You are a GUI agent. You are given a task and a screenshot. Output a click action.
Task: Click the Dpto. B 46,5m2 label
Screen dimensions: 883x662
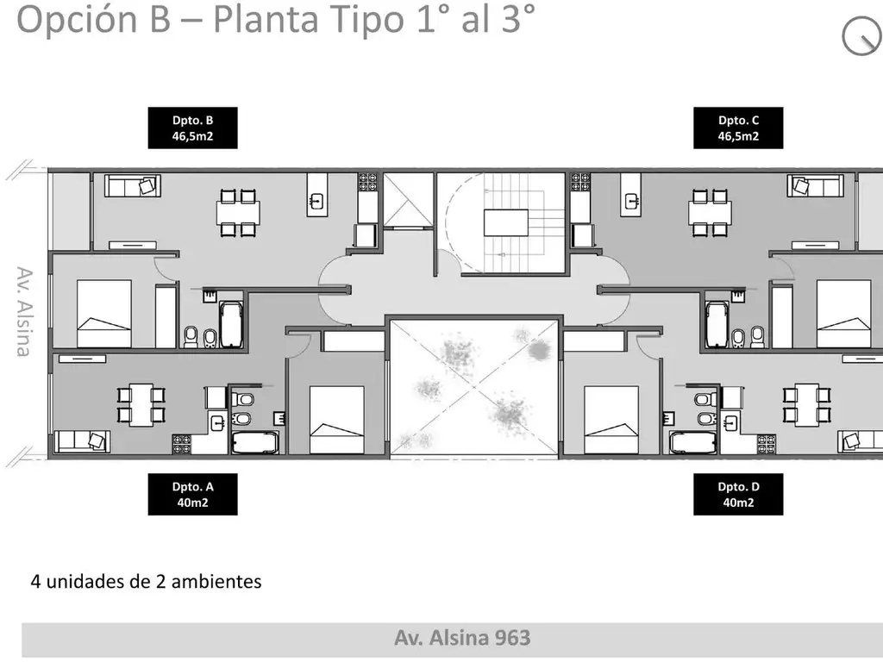click(192, 128)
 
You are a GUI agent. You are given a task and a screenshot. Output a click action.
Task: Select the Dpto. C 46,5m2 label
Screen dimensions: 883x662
click(738, 128)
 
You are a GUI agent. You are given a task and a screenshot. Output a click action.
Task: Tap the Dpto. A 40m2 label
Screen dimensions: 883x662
click(192, 494)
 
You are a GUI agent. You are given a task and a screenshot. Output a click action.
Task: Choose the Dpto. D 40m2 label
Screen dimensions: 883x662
click(738, 494)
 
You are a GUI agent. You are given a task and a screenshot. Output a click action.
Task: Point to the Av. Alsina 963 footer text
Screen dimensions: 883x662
click(462, 638)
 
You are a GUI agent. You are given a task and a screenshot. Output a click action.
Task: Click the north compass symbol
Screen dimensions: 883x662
click(862, 36)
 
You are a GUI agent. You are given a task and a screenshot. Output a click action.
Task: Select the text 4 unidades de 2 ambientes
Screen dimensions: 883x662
click(146, 582)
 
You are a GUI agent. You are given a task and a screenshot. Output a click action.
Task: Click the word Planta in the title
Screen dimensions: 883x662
click(266, 20)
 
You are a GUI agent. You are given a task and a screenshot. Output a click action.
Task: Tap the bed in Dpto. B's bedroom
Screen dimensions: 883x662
click(104, 314)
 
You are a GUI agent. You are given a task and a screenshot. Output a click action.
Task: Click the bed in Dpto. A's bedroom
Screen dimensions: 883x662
click(337, 420)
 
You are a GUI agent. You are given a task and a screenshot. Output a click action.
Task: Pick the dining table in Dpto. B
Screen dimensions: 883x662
click(238, 212)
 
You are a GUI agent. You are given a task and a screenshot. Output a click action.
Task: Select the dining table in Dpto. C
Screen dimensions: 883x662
click(710, 212)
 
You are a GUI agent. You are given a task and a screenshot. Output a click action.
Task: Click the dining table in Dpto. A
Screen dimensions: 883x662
click(141, 405)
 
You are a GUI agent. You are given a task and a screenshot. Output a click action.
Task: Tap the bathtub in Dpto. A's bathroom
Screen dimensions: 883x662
click(255, 442)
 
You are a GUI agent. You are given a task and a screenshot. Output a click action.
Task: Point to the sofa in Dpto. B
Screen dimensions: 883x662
click(133, 186)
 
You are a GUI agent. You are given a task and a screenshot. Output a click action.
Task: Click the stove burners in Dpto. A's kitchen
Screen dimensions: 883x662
click(182, 444)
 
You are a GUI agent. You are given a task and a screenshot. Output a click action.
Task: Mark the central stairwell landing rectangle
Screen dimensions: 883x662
click(506, 222)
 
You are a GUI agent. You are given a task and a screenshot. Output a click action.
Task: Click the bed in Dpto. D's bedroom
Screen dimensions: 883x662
click(611, 420)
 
